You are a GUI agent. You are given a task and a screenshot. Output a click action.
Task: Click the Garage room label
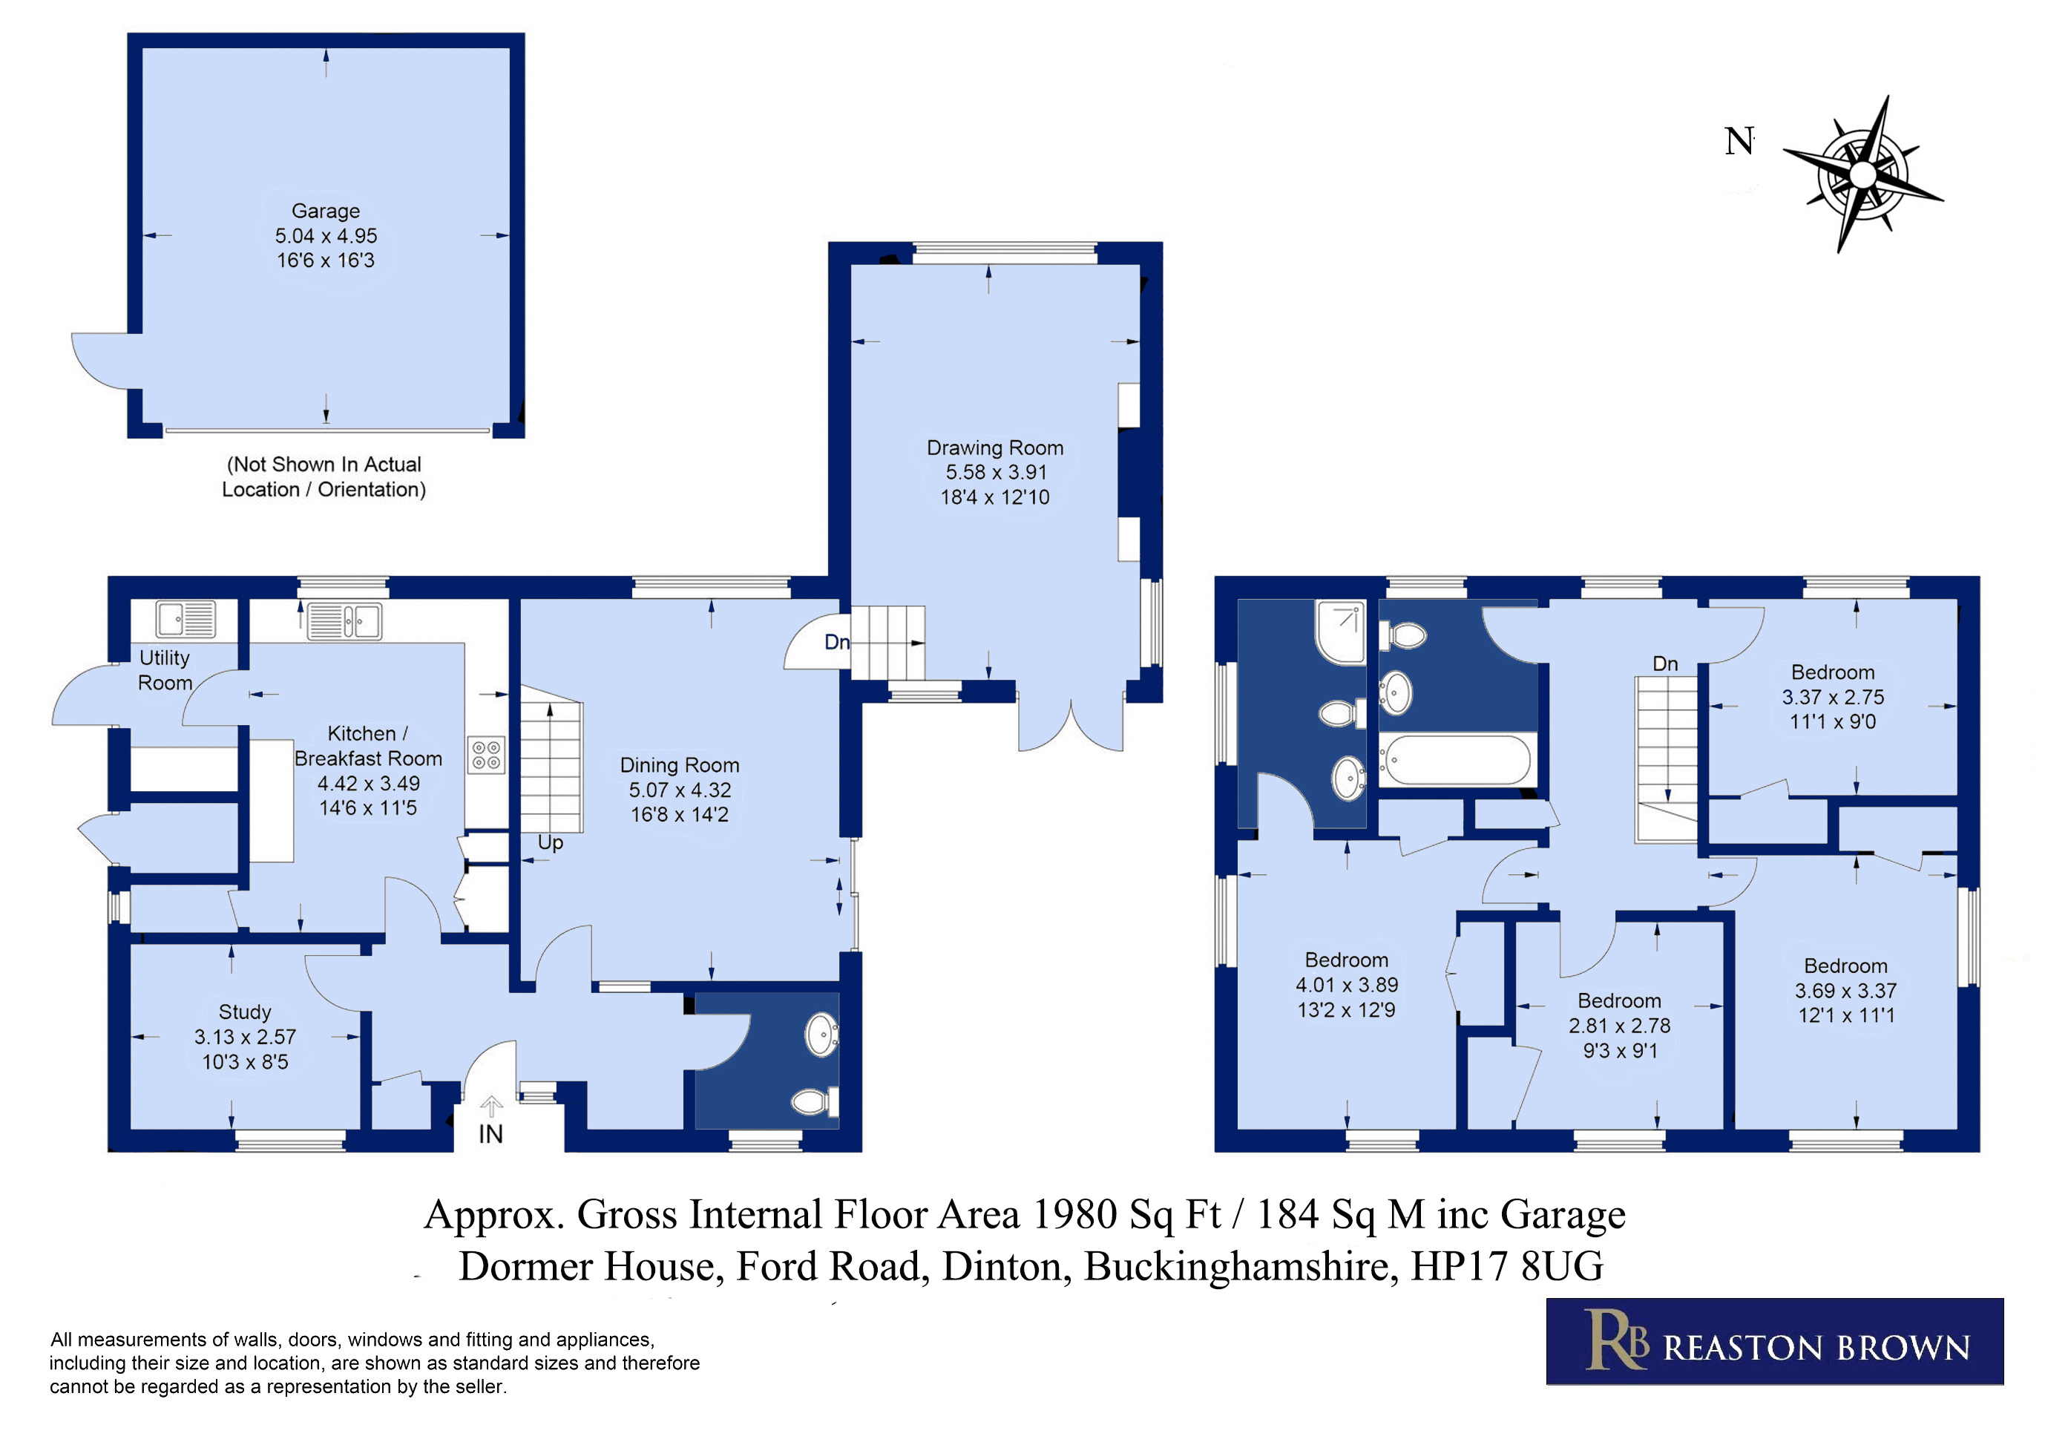tap(326, 211)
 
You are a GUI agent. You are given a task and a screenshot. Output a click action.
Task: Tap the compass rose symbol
tap(1862, 174)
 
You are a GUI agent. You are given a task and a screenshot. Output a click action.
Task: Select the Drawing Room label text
tap(995, 448)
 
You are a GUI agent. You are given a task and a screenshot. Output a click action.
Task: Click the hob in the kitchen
tap(486, 755)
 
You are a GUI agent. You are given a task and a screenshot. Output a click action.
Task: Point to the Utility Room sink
tap(186, 619)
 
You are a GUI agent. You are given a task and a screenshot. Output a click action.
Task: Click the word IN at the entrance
tap(490, 1134)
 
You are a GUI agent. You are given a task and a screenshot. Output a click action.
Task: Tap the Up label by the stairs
tap(551, 843)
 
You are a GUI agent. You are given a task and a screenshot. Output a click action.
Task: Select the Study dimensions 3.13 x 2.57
tap(245, 1037)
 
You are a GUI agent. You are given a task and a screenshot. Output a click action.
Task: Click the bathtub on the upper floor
tap(1457, 760)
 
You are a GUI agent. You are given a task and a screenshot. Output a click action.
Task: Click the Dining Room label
tap(680, 765)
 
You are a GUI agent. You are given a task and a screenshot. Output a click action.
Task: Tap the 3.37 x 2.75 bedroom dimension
tap(1833, 698)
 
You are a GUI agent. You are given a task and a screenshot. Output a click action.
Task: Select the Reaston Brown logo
tap(1774, 1342)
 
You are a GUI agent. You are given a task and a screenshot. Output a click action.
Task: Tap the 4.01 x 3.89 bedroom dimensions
tap(1347, 986)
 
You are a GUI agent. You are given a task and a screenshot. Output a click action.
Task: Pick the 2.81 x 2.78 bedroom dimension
tap(1619, 1026)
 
